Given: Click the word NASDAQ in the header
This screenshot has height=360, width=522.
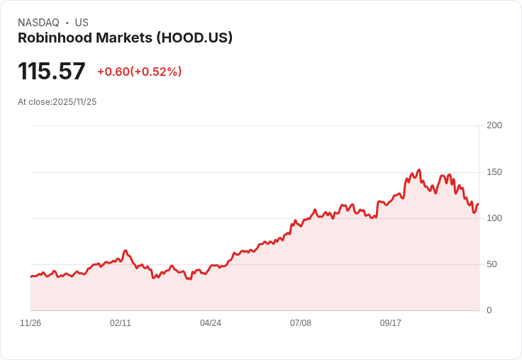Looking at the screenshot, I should click(x=38, y=23).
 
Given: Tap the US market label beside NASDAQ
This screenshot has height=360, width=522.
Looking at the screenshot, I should click(x=82, y=23).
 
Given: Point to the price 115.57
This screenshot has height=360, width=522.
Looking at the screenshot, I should click(x=52, y=71).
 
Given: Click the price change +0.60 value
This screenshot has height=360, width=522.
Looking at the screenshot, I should click(x=113, y=72).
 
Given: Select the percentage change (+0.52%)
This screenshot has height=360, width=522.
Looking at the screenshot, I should click(x=156, y=72).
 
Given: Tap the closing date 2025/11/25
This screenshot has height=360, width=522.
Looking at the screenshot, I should click(x=74, y=102).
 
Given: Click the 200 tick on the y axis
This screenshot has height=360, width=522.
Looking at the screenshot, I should click(x=494, y=125).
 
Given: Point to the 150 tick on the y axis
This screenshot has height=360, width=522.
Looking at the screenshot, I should click(x=494, y=172).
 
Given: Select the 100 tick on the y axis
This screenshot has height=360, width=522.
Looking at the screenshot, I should click(x=494, y=218).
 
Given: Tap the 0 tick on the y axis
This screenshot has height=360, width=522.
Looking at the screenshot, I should click(x=489, y=310).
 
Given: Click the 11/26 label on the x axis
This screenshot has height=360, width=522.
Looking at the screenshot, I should click(x=30, y=323).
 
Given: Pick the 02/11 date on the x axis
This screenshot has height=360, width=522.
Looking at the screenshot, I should click(x=121, y=323).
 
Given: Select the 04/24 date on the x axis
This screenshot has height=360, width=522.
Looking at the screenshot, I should click(x=211, y=323).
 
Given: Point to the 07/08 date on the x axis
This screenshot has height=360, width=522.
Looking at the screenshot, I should click(x=301, y=323).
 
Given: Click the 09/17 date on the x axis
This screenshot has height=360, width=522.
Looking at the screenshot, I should click(x=391, y=323).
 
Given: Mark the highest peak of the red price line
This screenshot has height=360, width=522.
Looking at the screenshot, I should click(x=419, y=170).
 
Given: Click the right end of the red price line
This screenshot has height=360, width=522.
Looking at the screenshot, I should click(x=478, y=204).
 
